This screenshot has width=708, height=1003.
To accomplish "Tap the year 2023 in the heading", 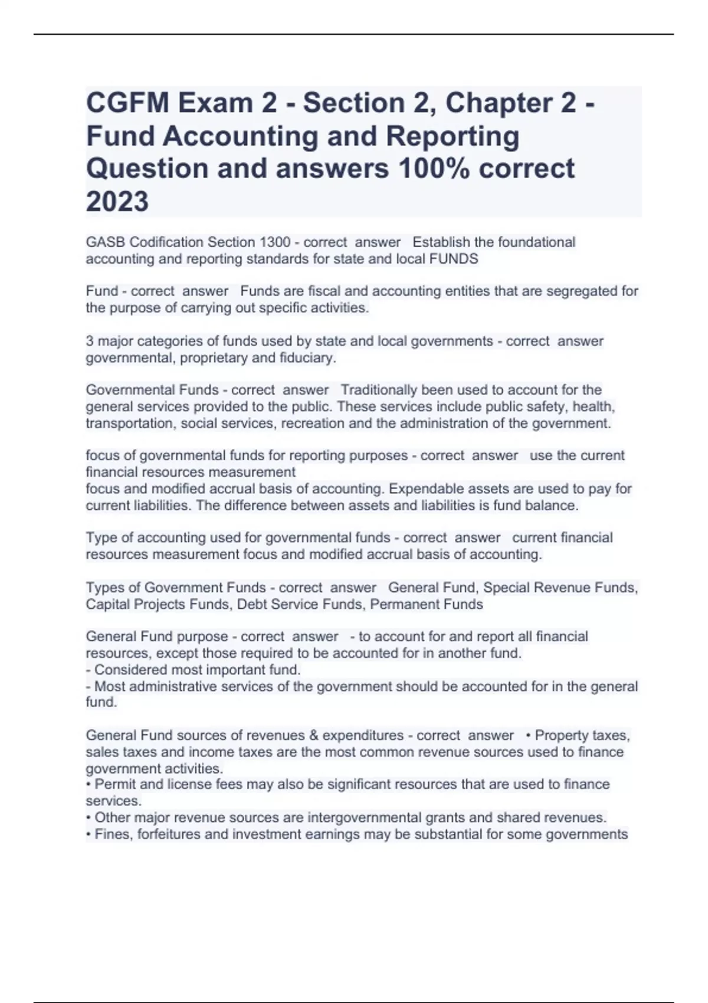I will pyautogui.click(x=117, y=202).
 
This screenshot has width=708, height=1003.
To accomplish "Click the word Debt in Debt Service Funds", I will pyautogui.click(x=250, y=605).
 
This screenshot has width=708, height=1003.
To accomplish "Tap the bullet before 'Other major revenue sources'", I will pyautogui.click(x=88, y=818).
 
